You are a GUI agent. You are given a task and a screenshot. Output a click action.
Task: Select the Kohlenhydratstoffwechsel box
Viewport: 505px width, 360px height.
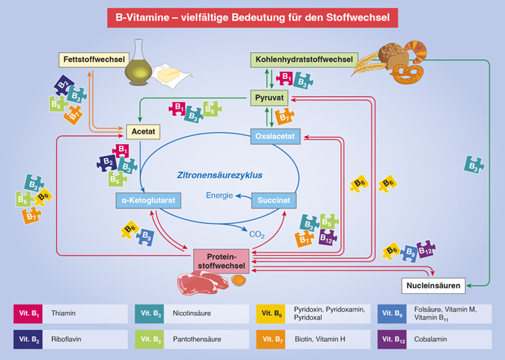[301, 59]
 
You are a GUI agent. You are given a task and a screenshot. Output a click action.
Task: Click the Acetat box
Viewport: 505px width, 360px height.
[142, 131]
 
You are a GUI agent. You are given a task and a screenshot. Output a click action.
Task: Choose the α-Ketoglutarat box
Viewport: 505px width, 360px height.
[146, 199]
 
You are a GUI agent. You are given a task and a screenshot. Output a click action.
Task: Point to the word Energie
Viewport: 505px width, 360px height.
[220, 195]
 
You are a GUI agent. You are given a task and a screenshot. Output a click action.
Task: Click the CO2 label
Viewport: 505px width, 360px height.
[257, 235]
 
